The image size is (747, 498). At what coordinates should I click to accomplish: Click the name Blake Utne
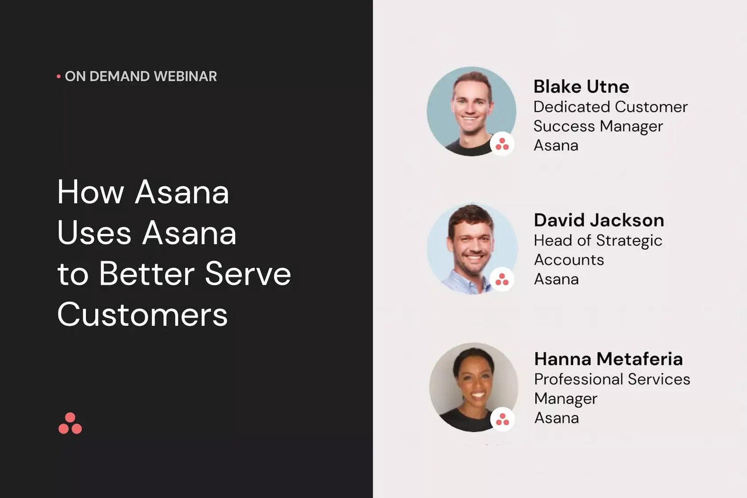pos(581,87)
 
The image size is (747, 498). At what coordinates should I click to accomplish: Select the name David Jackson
pos(599,221)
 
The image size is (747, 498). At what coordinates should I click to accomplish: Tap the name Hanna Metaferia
pos(609,359)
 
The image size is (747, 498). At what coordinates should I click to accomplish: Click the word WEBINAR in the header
pos(185,76)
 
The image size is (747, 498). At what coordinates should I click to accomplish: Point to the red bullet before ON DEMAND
pos(59,77)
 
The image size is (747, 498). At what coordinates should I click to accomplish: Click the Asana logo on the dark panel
pos(70,423)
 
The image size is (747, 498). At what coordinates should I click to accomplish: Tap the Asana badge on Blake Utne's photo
pos(502,144)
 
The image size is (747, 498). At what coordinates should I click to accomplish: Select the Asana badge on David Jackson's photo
pos(502,279)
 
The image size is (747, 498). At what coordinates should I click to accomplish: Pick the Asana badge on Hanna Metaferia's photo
pos(502,419)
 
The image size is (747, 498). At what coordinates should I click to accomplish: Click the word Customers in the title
pos(143,314)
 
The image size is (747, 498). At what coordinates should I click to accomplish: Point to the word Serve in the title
pos(248,274)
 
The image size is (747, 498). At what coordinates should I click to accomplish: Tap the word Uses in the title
pos(94,233)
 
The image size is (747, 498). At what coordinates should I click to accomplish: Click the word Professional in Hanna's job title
pos(578,380)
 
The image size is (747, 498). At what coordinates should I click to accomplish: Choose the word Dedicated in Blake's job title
pos(572,107)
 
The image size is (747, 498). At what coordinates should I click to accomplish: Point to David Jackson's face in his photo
pos(471,245)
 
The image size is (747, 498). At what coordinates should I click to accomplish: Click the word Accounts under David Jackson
pos(569,260)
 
